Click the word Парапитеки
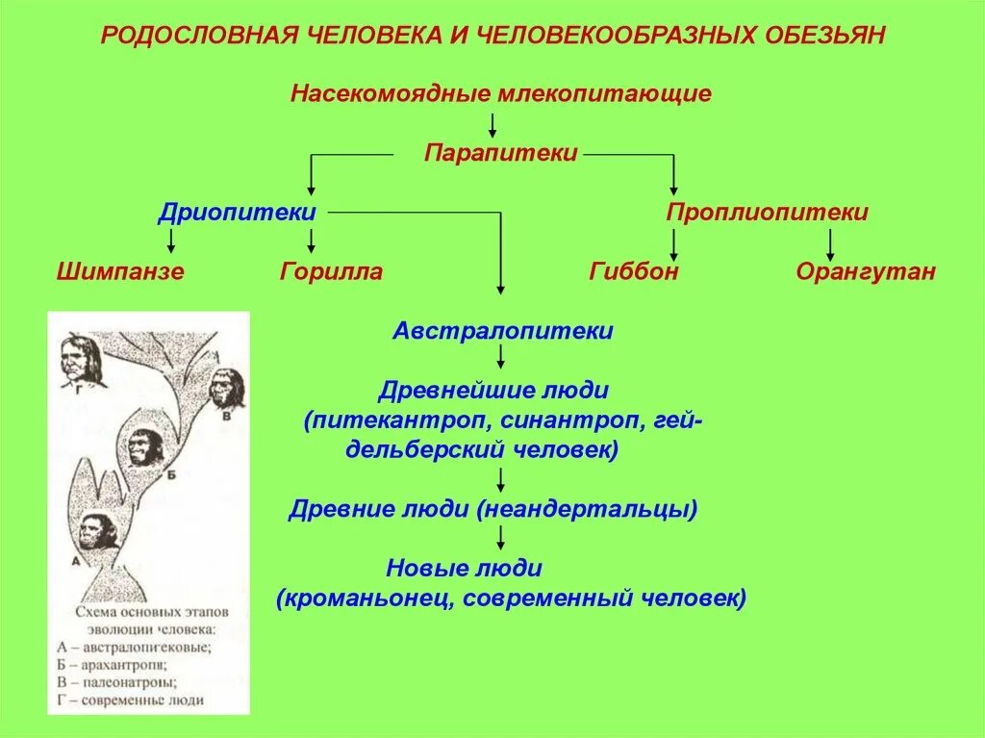501,153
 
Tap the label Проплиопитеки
767,213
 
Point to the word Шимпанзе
120,271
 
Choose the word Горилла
331,271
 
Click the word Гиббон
634,271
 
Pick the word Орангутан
865,271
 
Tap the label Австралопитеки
502,331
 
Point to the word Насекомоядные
391,94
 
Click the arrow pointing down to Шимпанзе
171,241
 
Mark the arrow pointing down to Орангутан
830,241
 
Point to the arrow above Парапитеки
492,124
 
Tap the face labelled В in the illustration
226,388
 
